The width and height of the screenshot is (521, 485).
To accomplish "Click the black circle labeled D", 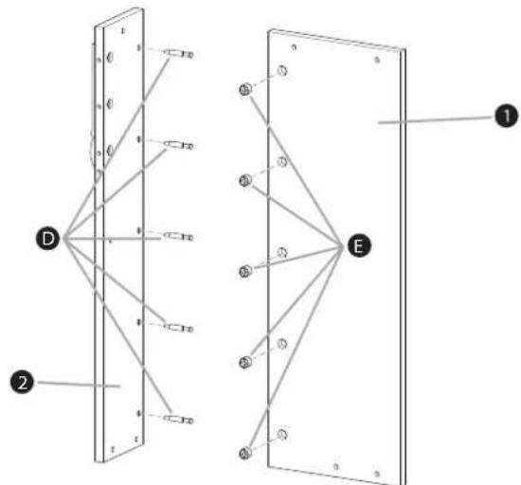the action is [x=48, y=239].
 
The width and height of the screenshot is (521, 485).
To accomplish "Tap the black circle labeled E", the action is [x=359, y=246].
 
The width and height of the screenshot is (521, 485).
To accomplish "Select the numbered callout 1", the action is [x=506, y=116].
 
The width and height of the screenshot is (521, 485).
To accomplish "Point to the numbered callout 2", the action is [x=22, y=382].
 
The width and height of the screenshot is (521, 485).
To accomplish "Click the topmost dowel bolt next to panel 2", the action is [x=179, y=53].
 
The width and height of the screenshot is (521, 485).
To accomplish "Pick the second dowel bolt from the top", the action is [x=179, y=145].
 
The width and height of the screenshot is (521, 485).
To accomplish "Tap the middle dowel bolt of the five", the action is [x=179, y=237].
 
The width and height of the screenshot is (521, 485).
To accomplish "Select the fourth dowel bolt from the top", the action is [x=179, y=328].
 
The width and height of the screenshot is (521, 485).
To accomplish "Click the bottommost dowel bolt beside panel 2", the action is [x=179, y=420].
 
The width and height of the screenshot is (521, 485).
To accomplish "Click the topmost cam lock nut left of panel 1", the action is [x=245, y=89].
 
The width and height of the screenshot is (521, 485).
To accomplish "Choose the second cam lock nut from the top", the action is [x=245, y=180].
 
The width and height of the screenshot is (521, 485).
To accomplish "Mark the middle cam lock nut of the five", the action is [x=245, y=271].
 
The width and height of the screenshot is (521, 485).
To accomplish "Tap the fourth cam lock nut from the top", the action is [x=245, y=362].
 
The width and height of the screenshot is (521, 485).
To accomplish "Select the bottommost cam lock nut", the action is [x=245, y=453].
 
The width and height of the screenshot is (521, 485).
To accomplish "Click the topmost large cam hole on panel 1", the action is [x=282, y=71].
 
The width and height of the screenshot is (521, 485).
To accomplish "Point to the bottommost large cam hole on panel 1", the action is [x=282, y=434].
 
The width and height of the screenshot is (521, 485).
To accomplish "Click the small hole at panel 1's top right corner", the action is [x=377, y=60].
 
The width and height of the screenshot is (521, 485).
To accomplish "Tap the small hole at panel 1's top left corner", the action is [x=294, y=47].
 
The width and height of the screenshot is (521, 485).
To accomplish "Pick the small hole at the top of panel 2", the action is [x=123, y=31].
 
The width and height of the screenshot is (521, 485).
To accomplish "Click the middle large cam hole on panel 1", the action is [x=282, y=253].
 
